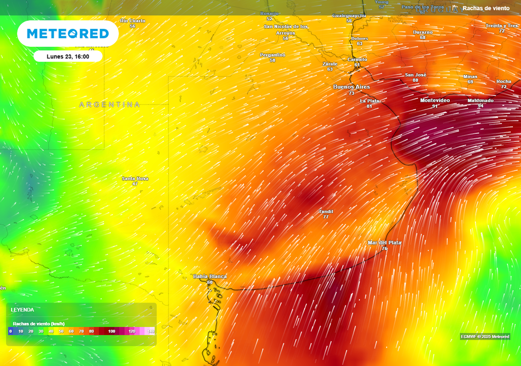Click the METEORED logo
click(68, 34)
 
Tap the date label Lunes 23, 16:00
click(68, 56)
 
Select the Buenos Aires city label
click(352, 87)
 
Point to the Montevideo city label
click(435, 100)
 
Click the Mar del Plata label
click(385, 242)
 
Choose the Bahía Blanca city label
click(210, 276)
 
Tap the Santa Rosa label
click(135, 178)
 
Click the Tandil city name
click(326, 211)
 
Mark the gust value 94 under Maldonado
click(480, 106)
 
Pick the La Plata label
click(369, 101)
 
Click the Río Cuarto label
click(132, 21)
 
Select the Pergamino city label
click(273, 54)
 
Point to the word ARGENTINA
click(109, 105)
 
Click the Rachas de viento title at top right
click(486, 8)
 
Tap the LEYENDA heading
click(22, 310)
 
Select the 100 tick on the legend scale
click(111, 331)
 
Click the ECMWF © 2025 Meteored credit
click(485, 337)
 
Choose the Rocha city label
click(504, 81)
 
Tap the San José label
click(415, 75)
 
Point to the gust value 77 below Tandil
click(326, 217)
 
